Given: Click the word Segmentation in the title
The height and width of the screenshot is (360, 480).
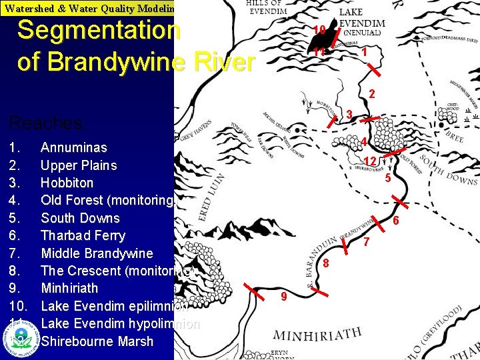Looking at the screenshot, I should click(99, 30).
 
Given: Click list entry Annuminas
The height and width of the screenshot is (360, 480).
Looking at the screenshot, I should click(73, 147).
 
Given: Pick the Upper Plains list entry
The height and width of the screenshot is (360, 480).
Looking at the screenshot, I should click(79, 165).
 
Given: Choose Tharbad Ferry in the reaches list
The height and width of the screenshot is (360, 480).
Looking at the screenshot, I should click(83, 235).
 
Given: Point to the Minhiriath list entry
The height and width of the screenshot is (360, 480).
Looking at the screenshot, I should click(69, 288).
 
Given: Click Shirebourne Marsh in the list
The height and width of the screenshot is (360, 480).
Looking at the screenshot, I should click(97, 341).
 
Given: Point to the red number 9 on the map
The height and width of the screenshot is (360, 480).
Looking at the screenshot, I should click(283, 296).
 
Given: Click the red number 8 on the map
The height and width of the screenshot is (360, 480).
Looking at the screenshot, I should click(326, 263).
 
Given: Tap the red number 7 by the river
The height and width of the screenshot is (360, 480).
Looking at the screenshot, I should click(366, 243).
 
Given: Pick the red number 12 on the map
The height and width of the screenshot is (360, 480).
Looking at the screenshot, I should click(370, 161).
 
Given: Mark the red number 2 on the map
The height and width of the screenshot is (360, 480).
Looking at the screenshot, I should click(372, 94).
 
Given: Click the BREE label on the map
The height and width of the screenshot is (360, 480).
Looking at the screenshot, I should click(455, 137).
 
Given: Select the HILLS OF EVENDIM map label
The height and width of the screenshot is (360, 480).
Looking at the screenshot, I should click(267, 7).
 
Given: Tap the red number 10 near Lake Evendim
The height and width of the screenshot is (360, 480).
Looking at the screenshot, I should click(319, 29).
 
